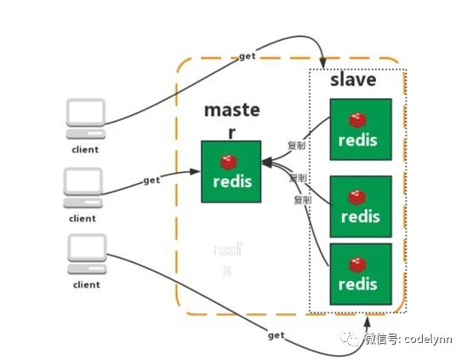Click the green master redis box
coord(231,172)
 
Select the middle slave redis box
coord(361,206)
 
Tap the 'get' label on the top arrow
coord(248,55)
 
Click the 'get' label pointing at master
coord(151,180)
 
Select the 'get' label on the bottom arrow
coord(276,334)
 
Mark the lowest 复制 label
coord(302,200)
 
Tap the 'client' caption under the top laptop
coord(85,150)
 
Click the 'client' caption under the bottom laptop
coord(85,285)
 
